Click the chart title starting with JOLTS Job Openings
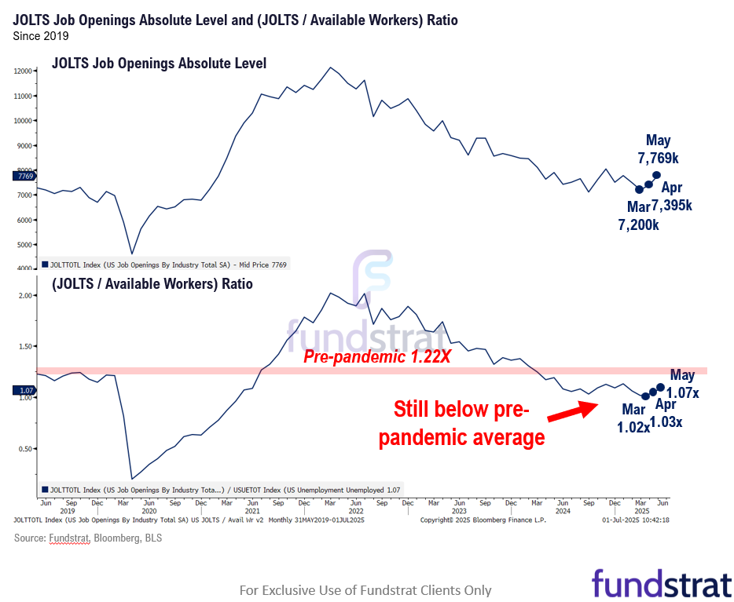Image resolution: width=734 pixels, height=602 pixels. [x=235, y=20]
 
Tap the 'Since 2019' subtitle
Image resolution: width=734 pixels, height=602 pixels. [x=41, y=36]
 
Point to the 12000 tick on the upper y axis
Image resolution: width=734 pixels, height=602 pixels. [x=22, y=71]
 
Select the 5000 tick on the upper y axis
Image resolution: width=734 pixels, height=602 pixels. [x=24, y=245]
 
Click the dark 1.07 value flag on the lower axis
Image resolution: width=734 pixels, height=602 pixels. [x=23, y=390]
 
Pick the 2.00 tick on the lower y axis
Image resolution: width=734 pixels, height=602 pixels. [x=24, y=296]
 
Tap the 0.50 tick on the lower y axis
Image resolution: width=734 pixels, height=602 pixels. [x=24, y=449]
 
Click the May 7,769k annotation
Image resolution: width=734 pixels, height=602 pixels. [x=659, y=149]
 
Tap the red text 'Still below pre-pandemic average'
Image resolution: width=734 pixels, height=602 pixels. [x=461, y=423]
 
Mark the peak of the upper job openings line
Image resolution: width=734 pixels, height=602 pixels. [x=331, y=67]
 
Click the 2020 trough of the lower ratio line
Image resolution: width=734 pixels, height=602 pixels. [x=131, y=479]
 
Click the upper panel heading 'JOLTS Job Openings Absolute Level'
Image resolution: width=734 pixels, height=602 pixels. [x=159, y=63]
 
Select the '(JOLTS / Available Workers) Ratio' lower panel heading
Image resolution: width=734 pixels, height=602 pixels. [x=152, y=283]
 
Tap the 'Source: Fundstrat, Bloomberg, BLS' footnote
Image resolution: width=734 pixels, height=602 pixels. [x=88, y=538]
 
